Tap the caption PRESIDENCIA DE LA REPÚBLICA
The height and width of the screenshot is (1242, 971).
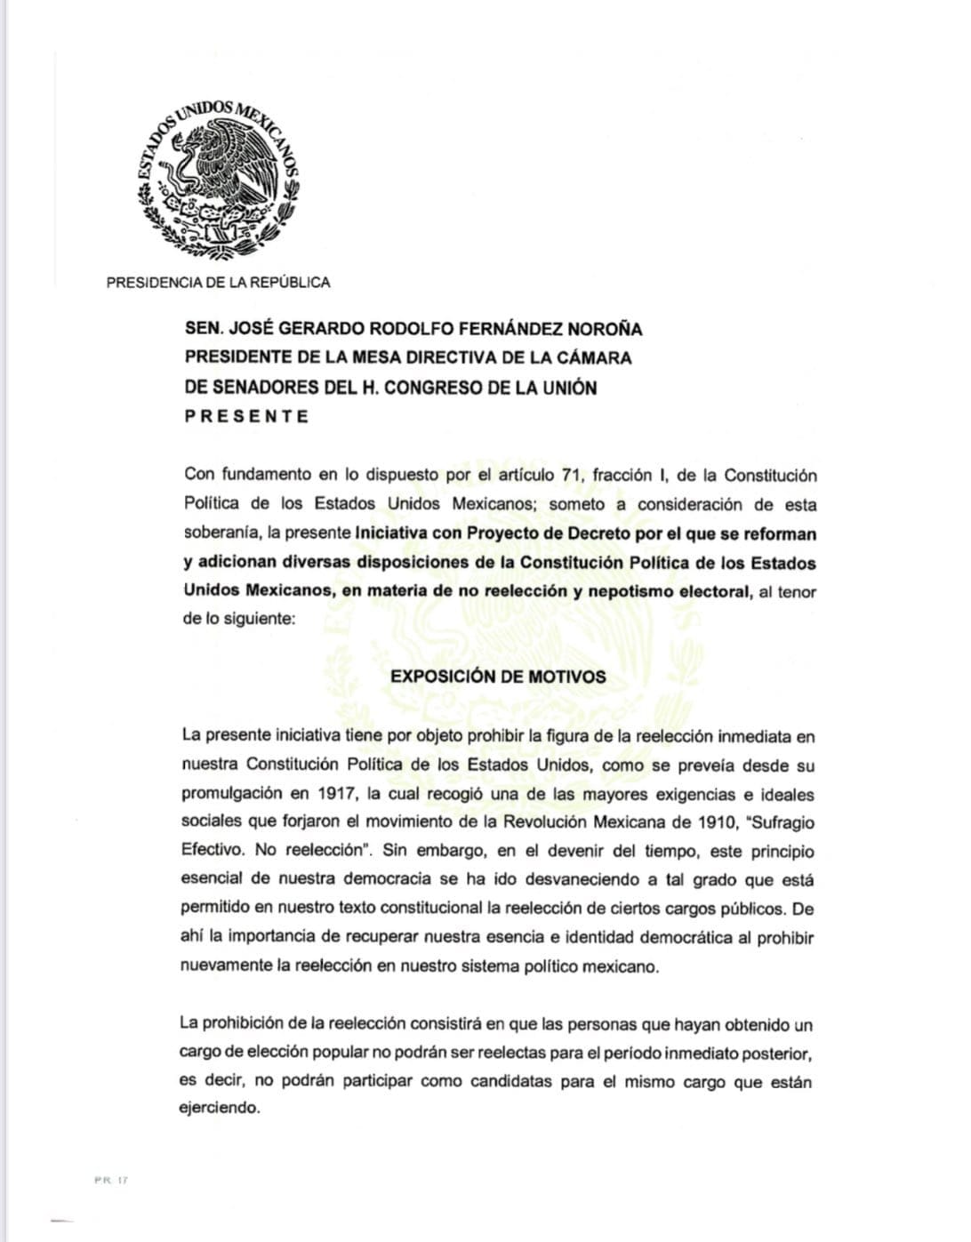coord(218,283)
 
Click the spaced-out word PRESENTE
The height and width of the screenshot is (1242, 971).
coord(246,416)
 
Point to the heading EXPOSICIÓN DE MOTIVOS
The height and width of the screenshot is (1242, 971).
coord(498,677)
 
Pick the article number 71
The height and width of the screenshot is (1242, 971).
coord(571,476)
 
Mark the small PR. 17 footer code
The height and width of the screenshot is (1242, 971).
coord(111,1181)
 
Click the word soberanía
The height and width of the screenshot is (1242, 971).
coord(221,534)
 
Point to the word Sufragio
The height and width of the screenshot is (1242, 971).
coord(783,822)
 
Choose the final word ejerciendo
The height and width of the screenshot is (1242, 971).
coord(219,1109)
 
